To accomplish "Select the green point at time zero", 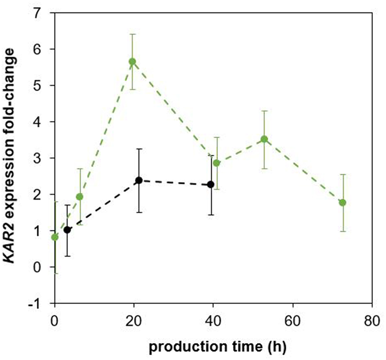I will tap(55, 237).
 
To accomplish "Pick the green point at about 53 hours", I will tap(264, 139).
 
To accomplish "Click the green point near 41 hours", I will tap(216, 163).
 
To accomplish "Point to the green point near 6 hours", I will tap(80, 197).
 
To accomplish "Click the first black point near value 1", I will tap(67, 230).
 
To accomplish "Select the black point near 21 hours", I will tap(139, 180).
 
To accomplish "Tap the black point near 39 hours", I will tap(211, 185).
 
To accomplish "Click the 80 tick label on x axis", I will tap(371, 319).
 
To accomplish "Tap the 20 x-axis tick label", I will tap(134, 319).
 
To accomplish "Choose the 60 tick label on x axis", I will tap(292, 319).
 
